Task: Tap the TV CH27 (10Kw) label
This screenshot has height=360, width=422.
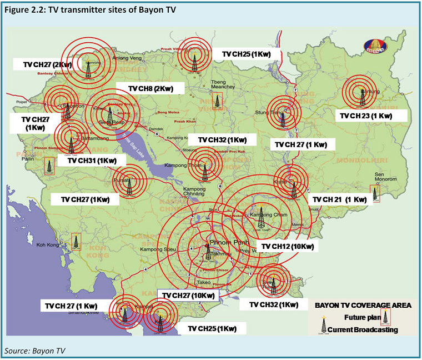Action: tap(188, 296)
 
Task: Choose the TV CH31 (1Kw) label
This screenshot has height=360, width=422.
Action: tap(92, 161)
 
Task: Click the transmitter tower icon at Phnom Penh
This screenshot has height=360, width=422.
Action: tap(208, 252)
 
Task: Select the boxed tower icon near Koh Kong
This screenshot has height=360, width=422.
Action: tap(76, 242)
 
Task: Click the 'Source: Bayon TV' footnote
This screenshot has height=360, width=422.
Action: tap(34, 351)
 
